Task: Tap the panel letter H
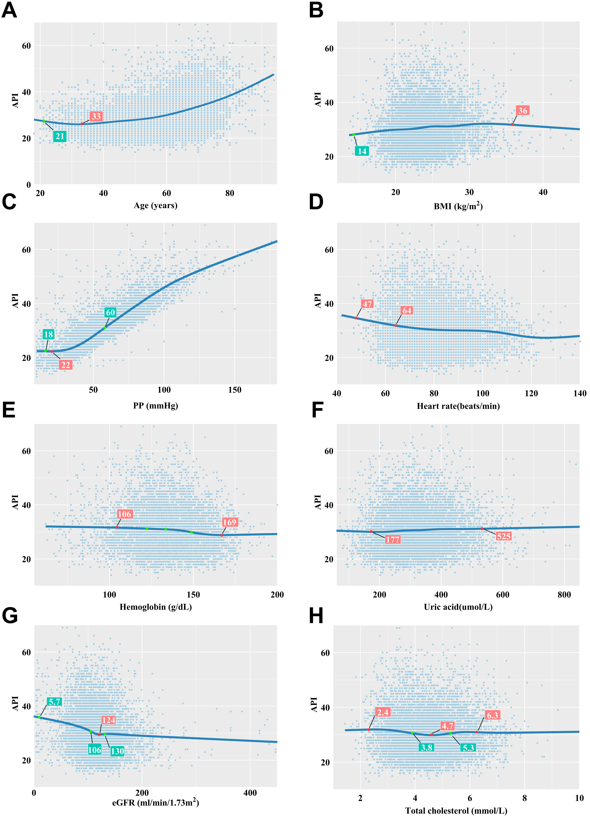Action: click(x=316, y=616)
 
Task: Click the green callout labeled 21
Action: click(x=60, y=136)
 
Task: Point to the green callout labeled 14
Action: click(x=362, y=151)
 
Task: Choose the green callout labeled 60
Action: click(x=110, y=312)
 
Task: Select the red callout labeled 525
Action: click(x=503, y=536)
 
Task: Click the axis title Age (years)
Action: click(x=156, y=205)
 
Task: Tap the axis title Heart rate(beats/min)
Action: click(x=458, y=406)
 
